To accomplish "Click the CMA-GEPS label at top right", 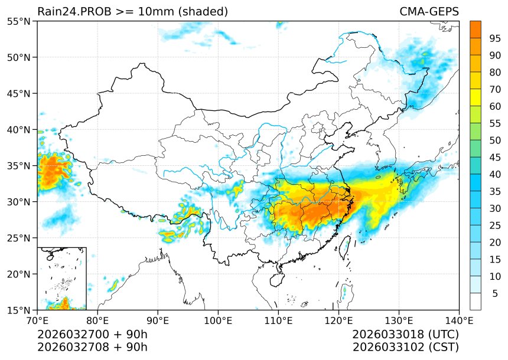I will point(429,11).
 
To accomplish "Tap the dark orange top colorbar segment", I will point(475,30).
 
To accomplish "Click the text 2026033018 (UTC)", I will point(405,334).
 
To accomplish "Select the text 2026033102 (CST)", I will point(405,346).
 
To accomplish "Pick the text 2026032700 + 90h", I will point(92,334).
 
